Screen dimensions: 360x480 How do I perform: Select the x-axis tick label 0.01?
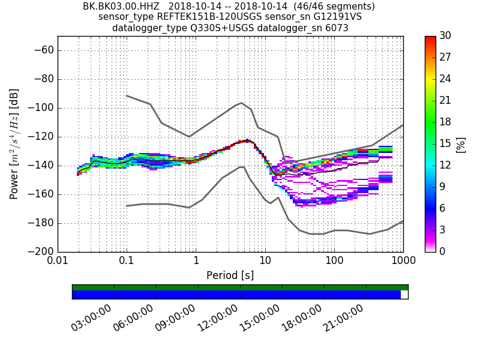tap(58, 262)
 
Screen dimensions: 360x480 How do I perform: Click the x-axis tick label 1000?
tap(403, 262)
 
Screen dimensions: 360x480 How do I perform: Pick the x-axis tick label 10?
tap(265, 262)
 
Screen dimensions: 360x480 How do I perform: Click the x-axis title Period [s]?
tap(230, 275)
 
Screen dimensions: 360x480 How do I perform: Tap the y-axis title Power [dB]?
tap(14, 144)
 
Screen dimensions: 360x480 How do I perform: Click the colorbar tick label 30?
tap(445, 36)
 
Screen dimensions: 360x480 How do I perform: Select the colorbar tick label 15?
tap(445, 144)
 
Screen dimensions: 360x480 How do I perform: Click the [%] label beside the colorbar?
tap(461, 144)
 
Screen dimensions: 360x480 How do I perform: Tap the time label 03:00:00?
tap(92, 318)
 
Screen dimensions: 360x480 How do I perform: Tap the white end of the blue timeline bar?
tap(404, 295)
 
